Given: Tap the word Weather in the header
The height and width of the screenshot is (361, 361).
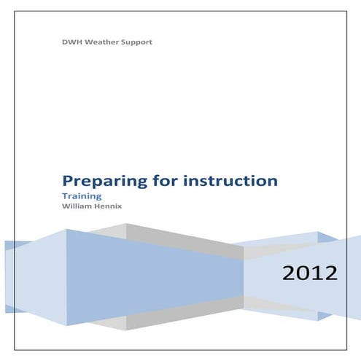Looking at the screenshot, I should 102,42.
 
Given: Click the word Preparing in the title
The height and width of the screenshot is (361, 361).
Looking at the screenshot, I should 98,180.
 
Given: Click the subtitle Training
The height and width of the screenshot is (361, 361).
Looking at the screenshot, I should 81,196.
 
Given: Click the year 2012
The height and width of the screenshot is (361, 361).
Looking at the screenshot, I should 310,274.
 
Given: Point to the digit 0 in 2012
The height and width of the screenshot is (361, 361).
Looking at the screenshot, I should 301,274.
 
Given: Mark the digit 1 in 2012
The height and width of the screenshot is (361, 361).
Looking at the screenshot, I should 318,274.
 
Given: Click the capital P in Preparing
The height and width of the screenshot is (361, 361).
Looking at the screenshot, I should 68,179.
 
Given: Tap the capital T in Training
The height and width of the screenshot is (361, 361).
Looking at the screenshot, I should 65,196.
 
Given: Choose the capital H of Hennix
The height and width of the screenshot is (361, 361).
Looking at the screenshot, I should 95,206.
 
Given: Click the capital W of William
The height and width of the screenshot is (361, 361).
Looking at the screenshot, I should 66,206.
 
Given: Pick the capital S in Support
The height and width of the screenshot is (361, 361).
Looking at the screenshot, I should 123,42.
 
